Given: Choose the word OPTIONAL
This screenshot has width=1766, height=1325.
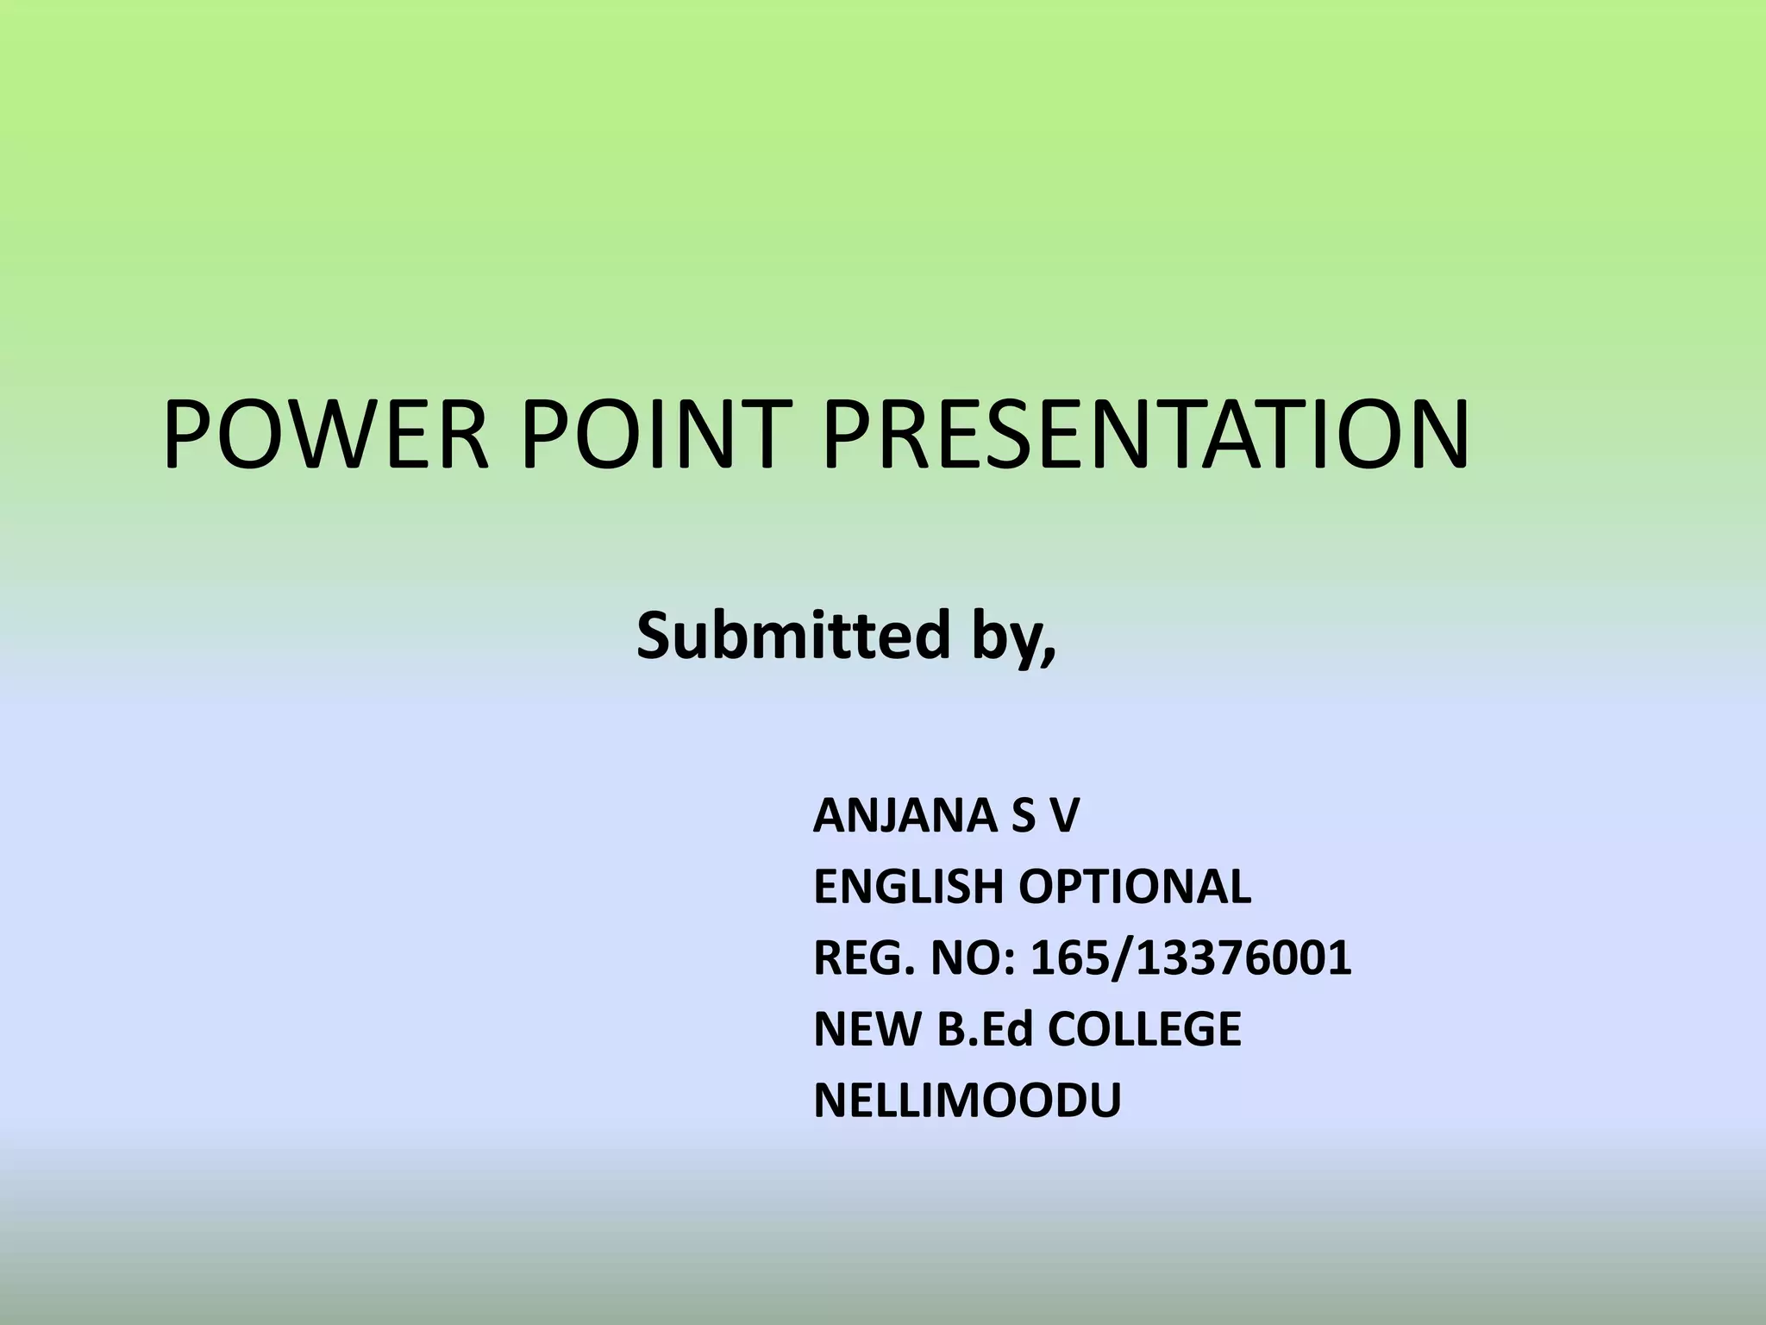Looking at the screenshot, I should (1135, 887).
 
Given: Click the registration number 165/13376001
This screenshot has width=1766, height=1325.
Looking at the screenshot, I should (1191, 958).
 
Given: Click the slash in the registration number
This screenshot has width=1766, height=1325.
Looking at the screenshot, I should (1120, 958).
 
